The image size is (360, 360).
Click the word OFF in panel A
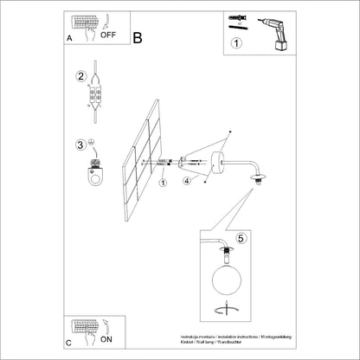tap(108, 35)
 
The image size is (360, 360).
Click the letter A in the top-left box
tap(68, 40)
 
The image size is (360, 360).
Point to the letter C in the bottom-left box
tap(68, 343)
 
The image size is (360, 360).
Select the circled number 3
tap(80, 145)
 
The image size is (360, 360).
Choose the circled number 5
tap(242, 236)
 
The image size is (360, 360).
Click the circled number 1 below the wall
tap(163, 182)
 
